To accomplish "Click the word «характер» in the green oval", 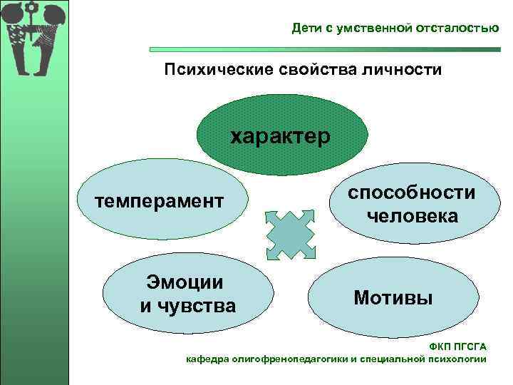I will (x=280, y=136).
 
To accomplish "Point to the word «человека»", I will (x=412, y=215).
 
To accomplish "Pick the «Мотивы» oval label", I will (x=393, y=297).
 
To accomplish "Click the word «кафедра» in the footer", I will (x=207, y=359).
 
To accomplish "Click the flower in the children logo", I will (x=31, y=10).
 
